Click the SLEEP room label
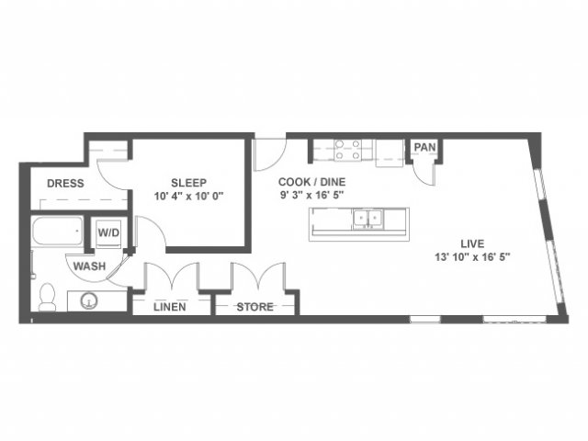click(x=188, y=183)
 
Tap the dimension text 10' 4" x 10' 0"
click(x=188, y=196)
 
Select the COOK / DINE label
click(x=311, y=182)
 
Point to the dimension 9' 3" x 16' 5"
click(x=312, y=196)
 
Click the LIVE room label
click(x=472, y=243)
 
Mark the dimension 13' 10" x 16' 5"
click(x=472, y=257)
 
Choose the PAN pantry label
click(x=424, y=147)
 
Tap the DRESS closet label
click(x=65, y=184)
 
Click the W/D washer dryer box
click(x=108, y=232)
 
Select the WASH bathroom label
click(x=89, y=266)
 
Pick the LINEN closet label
click(x=169, y=307)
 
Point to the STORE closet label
click(x=254, y=307)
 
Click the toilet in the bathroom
click(x=47, y=297)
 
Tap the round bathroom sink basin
click(x=89, y=300)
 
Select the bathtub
click(x=57, y=231)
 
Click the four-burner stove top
click(x=347, y=150)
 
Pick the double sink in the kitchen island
click(x=367, y=219)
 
